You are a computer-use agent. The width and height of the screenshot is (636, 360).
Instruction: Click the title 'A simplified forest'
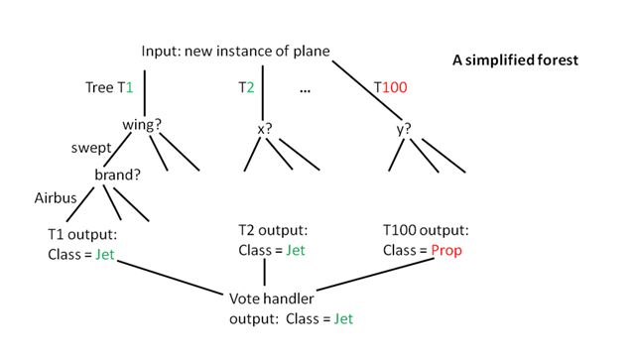point(515,60)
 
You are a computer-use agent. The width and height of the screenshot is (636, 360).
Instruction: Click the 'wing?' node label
point(142,126)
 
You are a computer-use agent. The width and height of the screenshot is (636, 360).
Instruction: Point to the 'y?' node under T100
point(404,128)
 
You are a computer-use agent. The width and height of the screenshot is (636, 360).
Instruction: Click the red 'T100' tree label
point(390,88)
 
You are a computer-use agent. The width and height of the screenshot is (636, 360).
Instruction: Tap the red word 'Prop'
point(445,250)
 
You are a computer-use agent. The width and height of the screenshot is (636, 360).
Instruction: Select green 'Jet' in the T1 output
point(108,255)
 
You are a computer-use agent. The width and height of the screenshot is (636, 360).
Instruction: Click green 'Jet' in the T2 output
point(296,250)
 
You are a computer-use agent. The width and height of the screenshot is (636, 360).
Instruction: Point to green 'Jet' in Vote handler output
point(343,319)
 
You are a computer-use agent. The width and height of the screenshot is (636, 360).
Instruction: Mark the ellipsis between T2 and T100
point(305,89)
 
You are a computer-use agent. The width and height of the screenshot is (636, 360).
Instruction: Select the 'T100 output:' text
point(426,230)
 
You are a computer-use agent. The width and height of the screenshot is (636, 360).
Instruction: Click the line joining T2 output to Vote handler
point(265,274)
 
